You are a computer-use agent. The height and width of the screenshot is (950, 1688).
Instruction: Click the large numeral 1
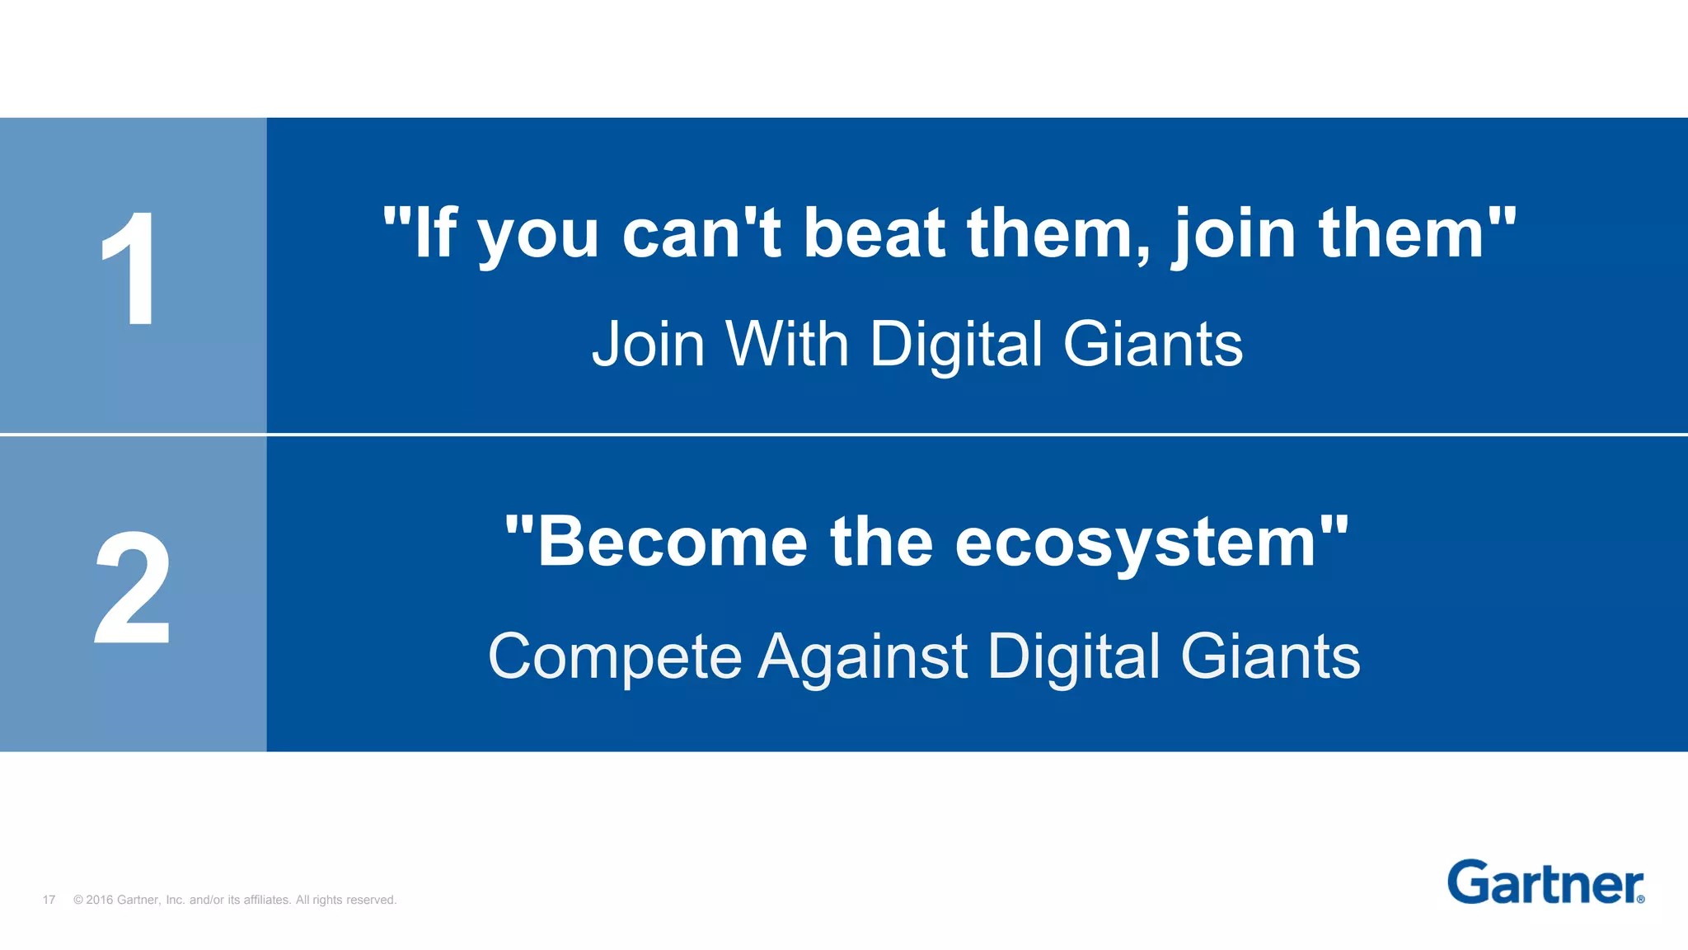click(130, 269)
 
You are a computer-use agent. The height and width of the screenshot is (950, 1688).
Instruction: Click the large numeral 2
click(132, 587)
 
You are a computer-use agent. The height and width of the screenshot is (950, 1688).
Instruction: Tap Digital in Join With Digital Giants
click(956, 346)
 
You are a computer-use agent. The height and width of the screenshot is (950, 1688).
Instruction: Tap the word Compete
click(615, 658)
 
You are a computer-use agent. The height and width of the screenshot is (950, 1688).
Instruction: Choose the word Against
click(862, 658)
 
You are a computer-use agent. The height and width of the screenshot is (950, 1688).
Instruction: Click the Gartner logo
click(1545, 882)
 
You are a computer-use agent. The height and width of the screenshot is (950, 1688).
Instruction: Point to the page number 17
click(49, 900)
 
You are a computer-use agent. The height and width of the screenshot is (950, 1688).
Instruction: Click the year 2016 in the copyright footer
click(99, 900)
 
